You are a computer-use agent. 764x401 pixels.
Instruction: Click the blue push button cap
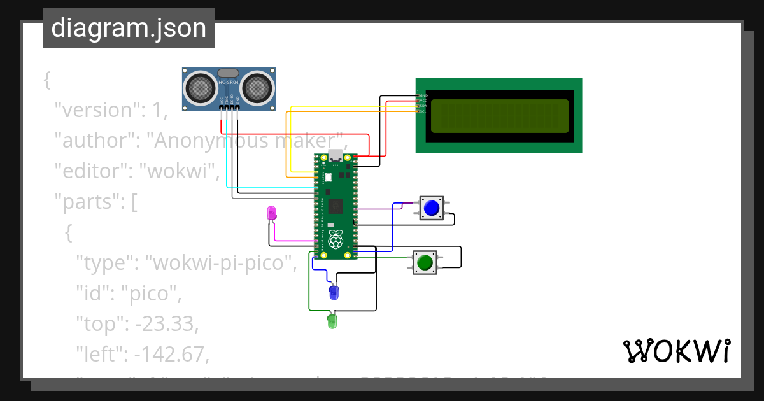(x=432, y=208)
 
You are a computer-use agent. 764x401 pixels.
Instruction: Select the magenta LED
(x=272, y=214)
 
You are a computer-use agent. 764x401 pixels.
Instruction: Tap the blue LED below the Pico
(x=334, y=293)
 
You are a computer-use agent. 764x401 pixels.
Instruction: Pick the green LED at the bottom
(x=332, y=321)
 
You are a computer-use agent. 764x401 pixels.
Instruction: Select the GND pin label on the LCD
(x=423, y=95)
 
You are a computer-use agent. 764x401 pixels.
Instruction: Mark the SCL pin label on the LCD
(x=423, y=111)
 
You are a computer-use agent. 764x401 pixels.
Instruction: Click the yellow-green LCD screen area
(x=499, y=116)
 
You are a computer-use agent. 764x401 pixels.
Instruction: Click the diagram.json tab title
(x=129, y=28)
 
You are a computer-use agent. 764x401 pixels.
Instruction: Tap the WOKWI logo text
(x=676, y=351)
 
